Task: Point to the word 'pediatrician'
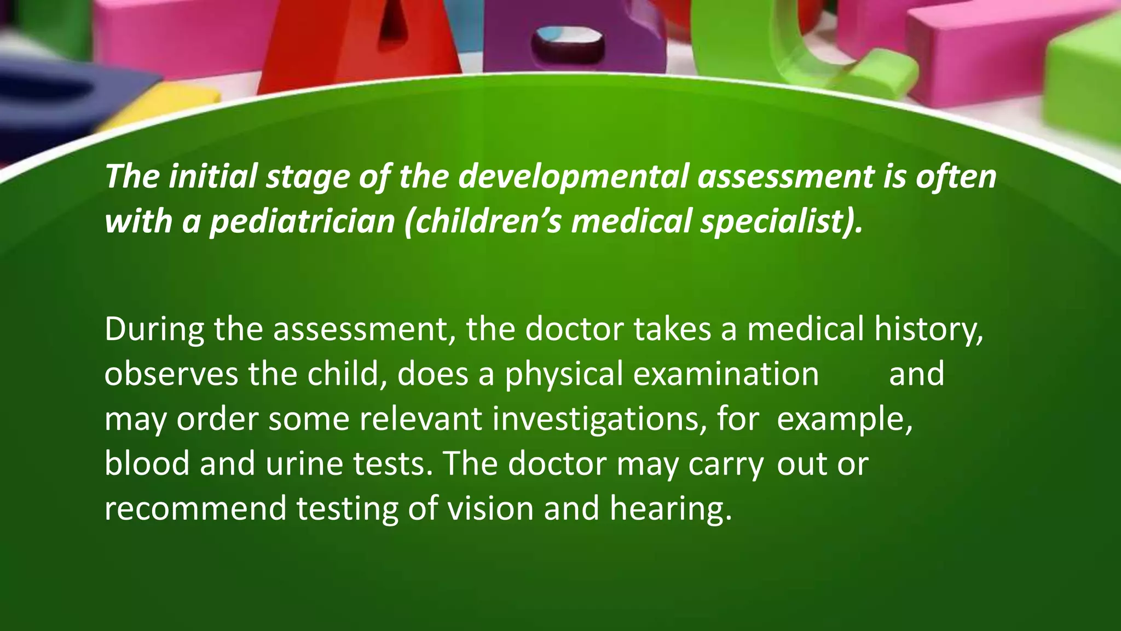(x=302, y=221)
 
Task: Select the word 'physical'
(x=564, y=375)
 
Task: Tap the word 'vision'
(x=490, y=508)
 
